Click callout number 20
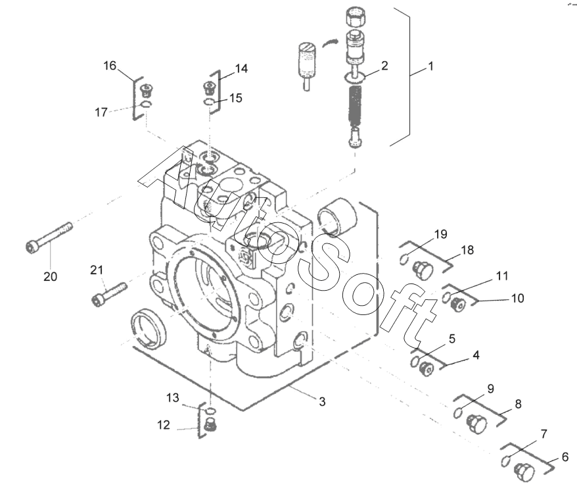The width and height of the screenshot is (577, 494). [51, 276]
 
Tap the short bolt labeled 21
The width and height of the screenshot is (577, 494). [109, 294]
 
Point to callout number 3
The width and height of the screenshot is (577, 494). [323, 401]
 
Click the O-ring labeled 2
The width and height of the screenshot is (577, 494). [355, 78]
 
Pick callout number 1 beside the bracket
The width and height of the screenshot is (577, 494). [431, 66]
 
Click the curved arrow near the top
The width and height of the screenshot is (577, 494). [329, 41]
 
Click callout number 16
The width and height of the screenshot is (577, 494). [110, 66]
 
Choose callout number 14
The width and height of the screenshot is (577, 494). [241, 68]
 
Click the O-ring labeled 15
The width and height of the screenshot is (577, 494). [208, 103]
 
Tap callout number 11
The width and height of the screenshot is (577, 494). [502, 276]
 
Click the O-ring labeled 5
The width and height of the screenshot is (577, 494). [415, 362]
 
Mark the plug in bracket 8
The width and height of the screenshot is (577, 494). [476, 424]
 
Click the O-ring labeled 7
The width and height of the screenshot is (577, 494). [506, 460]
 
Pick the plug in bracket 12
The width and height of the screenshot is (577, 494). [210, 425]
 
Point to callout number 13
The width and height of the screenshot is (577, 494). [173, 398]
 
